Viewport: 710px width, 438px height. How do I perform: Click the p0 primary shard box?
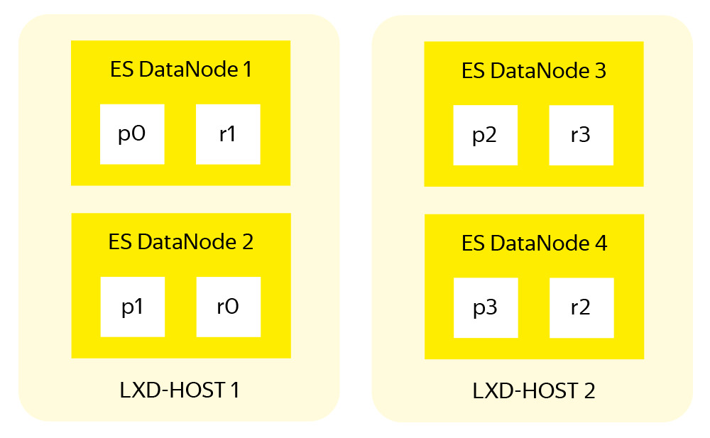132,134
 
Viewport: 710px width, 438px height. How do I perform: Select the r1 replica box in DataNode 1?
228,134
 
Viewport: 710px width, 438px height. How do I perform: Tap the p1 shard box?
132,307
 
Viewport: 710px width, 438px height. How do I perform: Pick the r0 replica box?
228,307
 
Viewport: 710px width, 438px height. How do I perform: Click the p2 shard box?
485,135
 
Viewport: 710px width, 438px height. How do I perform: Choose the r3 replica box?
581,135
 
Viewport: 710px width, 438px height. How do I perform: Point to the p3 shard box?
485,307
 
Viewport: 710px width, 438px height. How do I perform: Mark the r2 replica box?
581,307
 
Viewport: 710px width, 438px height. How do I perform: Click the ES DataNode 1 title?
180,70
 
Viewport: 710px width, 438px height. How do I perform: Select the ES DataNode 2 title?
180,242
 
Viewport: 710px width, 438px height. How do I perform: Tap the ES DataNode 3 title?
534,71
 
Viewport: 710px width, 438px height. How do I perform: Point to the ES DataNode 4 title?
534,243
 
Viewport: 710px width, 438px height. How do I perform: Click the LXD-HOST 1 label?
179,390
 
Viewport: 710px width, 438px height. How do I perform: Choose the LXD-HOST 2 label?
534,390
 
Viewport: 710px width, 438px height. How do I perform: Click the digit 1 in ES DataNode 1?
247,70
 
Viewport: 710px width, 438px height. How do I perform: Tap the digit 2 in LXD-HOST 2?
589,390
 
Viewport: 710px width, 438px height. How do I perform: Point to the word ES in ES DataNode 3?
473,71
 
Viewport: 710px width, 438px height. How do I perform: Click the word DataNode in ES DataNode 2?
186,242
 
